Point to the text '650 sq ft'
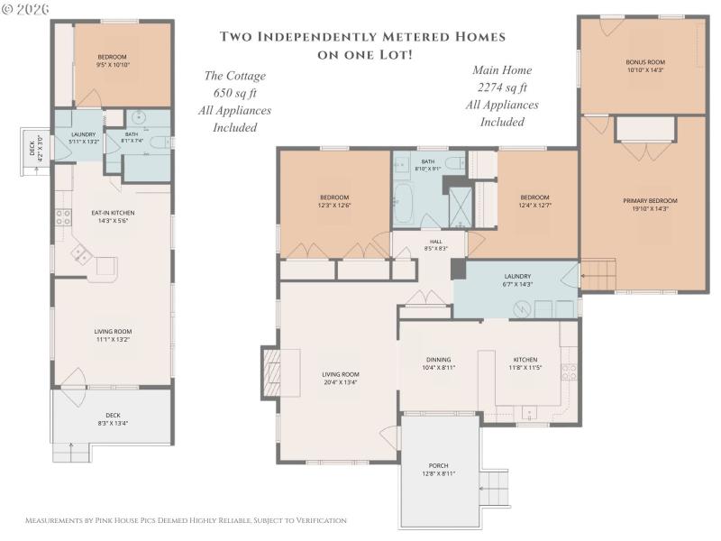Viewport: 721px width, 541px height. point(234,94)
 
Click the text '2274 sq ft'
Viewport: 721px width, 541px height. point(502,87)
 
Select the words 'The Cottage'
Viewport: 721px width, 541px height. point(234,77)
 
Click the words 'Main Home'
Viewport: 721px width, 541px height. point(502,70)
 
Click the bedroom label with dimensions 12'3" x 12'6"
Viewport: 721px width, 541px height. point(334,201)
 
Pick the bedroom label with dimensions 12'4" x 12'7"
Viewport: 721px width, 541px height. point(534,201)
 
